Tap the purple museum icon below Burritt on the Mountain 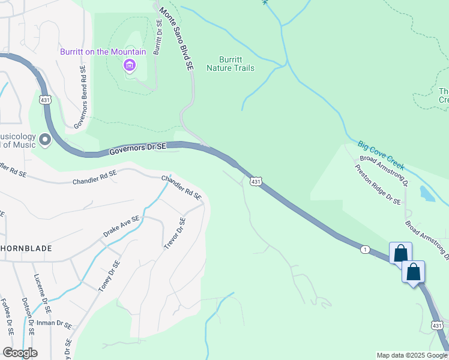pos(129,65)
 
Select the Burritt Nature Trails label pos(230,64)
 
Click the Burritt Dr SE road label pos(158,37)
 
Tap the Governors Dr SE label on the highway pos(137,149)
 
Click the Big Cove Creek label pos(381,154)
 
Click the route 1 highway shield pos(364,248)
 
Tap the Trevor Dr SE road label pos(174,234)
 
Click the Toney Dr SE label pos(109,276)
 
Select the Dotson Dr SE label pos(30,318)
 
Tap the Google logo pos(20,353)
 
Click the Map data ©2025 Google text pos(412,355)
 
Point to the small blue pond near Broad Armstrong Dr pos(427,193)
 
